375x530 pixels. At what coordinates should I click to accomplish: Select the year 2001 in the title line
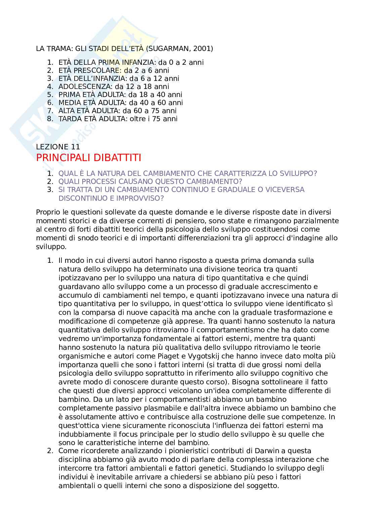tap(203, 49)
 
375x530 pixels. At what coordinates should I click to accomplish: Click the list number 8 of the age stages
tap(50, 119)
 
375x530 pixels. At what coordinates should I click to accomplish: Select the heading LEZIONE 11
tap(58, 147)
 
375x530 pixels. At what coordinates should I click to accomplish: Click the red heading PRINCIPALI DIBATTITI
tap(88, 158)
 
